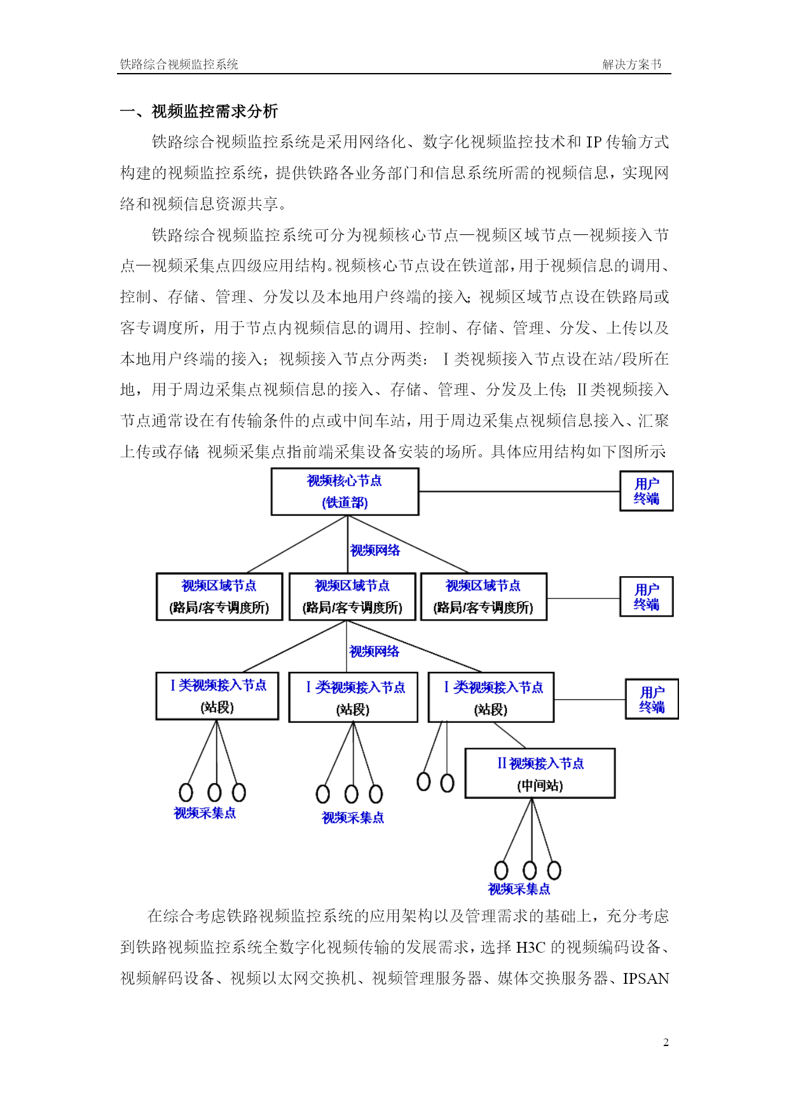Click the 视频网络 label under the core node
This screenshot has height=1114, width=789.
coord(375,550)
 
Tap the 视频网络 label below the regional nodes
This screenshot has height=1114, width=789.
coord(374,651)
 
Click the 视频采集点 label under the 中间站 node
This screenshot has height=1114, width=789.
coord(519,889)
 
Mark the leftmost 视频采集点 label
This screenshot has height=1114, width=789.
coord(205,813)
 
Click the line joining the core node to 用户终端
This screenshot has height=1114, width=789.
coord(519,491)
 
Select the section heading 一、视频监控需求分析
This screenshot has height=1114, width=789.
coord(199,111)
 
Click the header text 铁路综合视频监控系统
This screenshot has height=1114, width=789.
coord(179,64)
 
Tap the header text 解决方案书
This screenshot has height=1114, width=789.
coord(632,64)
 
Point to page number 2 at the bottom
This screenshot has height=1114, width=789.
coord(666,1042)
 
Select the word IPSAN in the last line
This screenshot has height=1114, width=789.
coord(646,979)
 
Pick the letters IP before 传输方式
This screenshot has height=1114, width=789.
coord(594,142)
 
